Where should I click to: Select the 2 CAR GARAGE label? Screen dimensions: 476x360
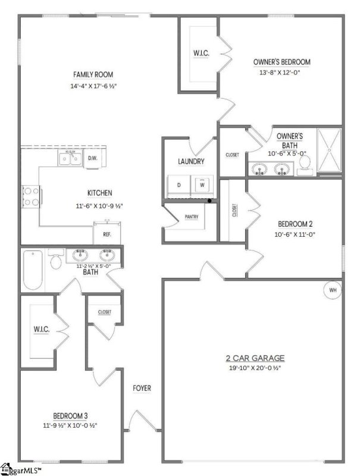(x=255, y=358)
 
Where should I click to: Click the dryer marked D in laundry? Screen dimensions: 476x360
(x=179, y=185)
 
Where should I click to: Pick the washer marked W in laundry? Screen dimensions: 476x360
(x=202, y=184)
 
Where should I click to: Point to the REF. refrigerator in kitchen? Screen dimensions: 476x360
(x=107, y=234)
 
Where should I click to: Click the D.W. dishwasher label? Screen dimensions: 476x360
(x=93, y=158)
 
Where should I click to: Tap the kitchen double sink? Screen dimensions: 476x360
(x=70, y=158)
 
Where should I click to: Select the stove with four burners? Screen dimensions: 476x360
(x=30, y=196)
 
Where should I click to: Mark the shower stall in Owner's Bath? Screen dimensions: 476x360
(x=329, y=151)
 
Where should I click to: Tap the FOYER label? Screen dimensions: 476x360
(x=142, y=389)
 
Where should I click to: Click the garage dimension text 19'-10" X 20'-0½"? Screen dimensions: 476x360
(x=254, y=368)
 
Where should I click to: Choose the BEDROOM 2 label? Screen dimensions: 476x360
(x=295, y=224)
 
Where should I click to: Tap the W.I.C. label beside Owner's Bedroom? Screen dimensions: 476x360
(x=200, y=52)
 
